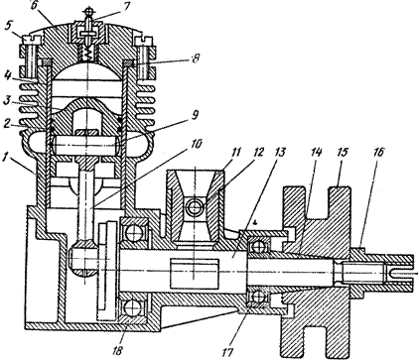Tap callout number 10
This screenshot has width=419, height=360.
pyautogui.click(x=196, y=145)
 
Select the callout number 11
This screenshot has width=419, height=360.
pyautogui.click(x=235, y=153)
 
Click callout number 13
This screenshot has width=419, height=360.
pyautogui.click(x=278, y=153)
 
